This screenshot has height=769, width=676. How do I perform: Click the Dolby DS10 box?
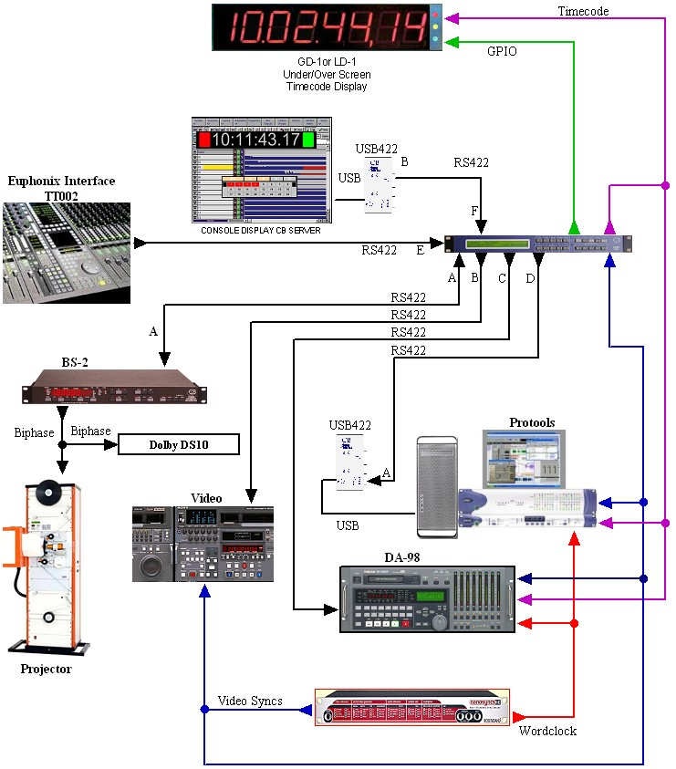tap(179, 445)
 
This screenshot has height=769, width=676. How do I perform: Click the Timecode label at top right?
tap(583, 11)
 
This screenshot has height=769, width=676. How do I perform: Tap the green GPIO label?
tap(501, 51)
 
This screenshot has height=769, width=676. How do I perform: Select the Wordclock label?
tap(547, 731)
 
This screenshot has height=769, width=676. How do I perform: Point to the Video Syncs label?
tap(250, 701)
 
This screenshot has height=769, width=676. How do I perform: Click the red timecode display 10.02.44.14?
tap(321, 26)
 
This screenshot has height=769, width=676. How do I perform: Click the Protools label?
tap(532, 422)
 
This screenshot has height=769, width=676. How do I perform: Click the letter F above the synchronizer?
tap(473, 211)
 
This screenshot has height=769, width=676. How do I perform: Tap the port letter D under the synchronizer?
tap(530, 279)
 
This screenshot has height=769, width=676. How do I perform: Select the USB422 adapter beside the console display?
tap(380, 185)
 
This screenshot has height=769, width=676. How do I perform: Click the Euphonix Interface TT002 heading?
tap(61, 188)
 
